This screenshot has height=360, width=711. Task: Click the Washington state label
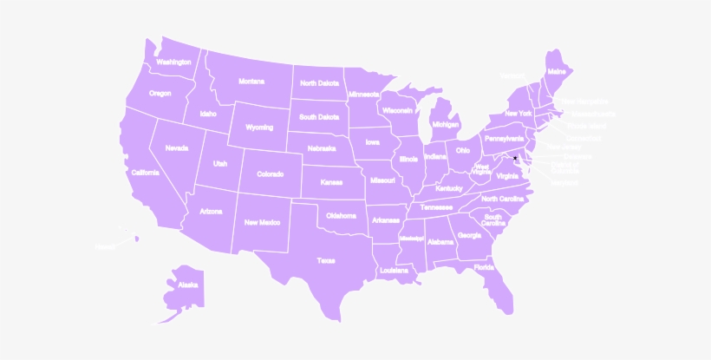point(173,62)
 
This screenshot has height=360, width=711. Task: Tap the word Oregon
point(160,93)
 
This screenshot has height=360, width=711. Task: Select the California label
point(145,173)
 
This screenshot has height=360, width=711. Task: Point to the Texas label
point(325,259)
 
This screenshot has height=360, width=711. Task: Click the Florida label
point(485,267)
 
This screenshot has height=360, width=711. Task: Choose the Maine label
point(557,70)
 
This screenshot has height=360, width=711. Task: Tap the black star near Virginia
point(516,157)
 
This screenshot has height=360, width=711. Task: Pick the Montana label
point(251,82)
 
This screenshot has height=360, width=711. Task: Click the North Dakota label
point(319,83)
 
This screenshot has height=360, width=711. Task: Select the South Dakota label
point(319,117)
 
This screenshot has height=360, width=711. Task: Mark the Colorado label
point(270,173)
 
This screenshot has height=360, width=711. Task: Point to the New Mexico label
point(262,222)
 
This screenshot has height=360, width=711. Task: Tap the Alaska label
point(188,285)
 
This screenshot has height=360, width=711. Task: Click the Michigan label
point(445,123)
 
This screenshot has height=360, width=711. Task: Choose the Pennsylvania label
point(504,138)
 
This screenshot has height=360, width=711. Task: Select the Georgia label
point(469,235)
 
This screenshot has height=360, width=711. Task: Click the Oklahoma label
point(341,215)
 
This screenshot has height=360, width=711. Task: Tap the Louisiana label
point(394,271)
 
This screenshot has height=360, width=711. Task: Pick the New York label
point(519,114)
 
